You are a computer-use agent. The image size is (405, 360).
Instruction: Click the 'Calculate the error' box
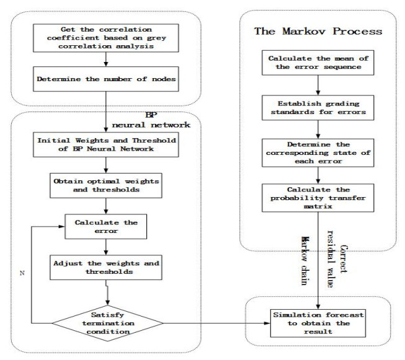pyautogui.click(x=103, y=225)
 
